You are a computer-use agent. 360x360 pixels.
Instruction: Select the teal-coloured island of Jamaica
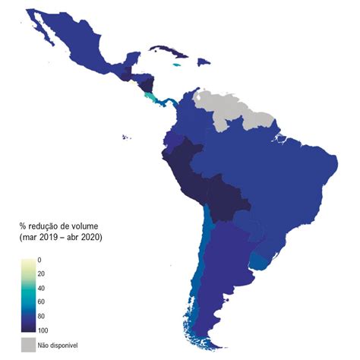point(178,65)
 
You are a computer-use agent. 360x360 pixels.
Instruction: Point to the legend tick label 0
point(39,261)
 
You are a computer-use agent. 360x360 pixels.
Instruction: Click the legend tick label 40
point(41,288)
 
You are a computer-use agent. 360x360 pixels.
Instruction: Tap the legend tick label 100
point(43,330)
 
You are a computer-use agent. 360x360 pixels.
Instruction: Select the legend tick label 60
point(41,302)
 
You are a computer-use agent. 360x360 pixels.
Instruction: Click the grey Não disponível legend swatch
point(28,346)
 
